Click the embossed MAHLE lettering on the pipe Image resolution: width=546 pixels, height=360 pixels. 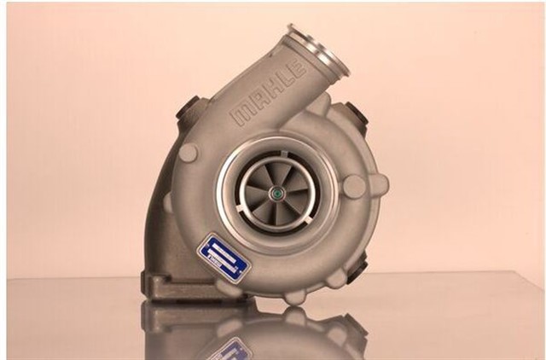272,94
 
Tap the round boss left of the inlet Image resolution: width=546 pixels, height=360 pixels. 189,152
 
